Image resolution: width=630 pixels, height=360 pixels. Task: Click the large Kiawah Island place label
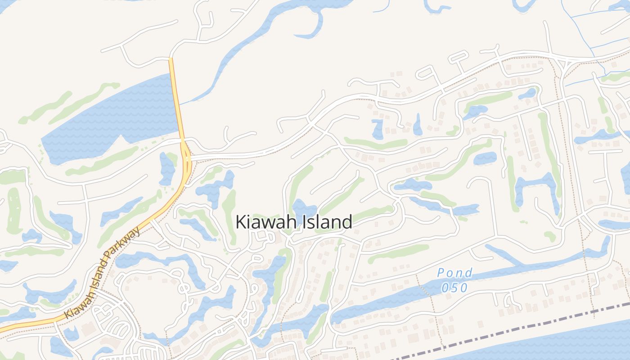click(294, 222)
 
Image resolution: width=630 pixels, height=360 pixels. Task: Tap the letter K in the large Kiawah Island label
click(242, 222)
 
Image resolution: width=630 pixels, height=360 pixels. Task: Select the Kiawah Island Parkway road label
click(102, 272)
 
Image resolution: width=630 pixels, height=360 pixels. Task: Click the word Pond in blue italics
click(455, 273)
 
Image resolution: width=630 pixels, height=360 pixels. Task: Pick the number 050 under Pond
click(454, 288)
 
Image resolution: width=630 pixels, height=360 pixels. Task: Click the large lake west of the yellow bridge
click(112, 117)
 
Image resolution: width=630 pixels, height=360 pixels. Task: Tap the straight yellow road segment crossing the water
click(176, 99)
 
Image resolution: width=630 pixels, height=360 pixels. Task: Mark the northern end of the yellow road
click(171, 59)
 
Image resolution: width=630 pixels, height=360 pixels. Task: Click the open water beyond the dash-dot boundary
click(562, 344)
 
